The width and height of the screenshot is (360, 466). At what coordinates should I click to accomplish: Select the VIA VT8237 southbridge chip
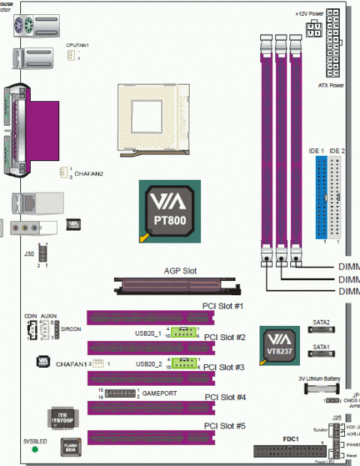[x=278, y=346]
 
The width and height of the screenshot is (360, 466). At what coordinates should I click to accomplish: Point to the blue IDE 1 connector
[x=320, y=199]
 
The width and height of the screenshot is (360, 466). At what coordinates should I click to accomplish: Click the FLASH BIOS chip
[x=69, y=449]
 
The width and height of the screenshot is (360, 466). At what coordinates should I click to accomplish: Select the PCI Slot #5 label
[x=224, y=426]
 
